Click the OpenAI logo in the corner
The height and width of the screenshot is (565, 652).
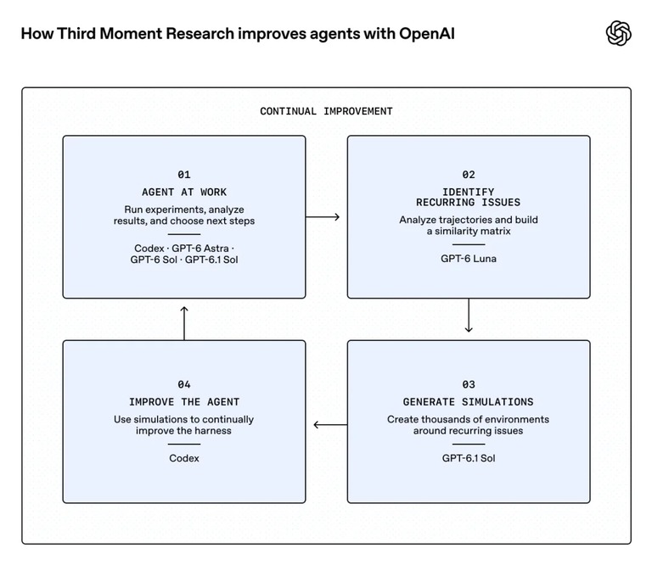[618, 33]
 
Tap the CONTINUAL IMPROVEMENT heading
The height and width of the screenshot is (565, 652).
[326, 111]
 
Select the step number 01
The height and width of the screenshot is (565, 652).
[183, 175]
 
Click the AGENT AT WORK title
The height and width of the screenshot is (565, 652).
[183, 192]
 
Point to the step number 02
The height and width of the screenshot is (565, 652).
[469, 175]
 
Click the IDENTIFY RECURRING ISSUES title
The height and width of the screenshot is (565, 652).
[469, 198]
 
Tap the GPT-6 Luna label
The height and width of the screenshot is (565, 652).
[469, 259]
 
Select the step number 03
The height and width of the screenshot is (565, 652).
[469, 384]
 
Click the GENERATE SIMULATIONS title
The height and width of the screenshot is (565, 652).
[469, 402]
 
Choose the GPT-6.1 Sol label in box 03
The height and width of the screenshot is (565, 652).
[469, 458]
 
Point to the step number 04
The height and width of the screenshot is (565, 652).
[183, 384]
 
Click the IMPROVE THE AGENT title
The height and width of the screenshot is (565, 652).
[183, 402]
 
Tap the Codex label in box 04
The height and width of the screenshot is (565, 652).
[183, 458]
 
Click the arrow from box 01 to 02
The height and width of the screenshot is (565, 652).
[323, 217]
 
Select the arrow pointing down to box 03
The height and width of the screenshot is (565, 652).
[469, 316]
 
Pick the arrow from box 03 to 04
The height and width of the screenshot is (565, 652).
[330, 424]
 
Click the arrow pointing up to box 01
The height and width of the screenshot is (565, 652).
[184, 323]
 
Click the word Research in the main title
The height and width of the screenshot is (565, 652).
[200, 34]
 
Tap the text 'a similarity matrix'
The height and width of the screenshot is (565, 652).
[469, 231]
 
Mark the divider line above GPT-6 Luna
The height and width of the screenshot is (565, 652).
[469, 244]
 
